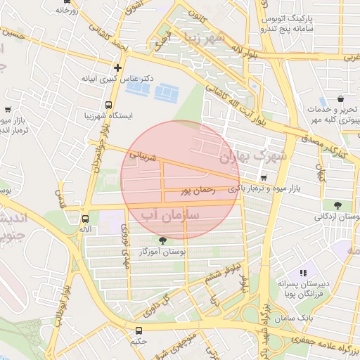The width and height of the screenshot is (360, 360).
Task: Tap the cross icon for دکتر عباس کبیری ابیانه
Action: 117,68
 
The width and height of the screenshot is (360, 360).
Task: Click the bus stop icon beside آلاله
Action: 85,219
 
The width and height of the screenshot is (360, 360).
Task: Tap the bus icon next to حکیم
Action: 138,330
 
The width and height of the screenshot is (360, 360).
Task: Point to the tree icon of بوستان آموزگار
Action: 163,240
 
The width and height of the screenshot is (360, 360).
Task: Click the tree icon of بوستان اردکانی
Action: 338,206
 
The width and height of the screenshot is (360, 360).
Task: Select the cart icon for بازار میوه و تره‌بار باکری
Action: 264,178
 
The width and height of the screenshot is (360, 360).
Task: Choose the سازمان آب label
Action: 171,212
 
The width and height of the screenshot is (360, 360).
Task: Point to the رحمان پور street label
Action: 195,190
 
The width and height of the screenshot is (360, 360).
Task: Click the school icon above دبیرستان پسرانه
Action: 303,272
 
